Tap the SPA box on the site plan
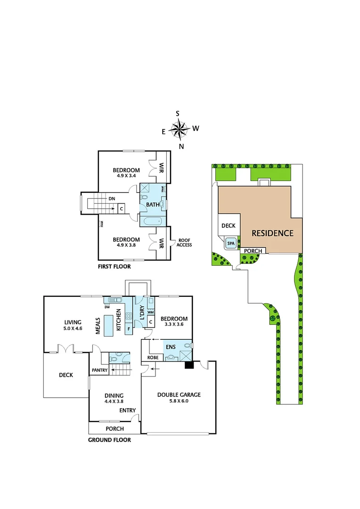[x=231, y=243]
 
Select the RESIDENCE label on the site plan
[x=272, y=233]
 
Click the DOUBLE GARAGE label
[x=179, y=394]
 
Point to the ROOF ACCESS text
[x=184, y=242]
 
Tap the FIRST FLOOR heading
[x=114, y=266]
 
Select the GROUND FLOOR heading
[x=109, y=440]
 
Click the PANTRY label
[x=99, y=370]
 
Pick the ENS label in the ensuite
[x=170, y=347]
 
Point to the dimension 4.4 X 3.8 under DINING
[x=114, y=402]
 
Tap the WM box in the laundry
[x=151, y=312]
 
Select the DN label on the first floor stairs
[x=112, y=199]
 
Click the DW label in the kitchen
[x=107, y=307]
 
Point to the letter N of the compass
[x=181, y=146]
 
